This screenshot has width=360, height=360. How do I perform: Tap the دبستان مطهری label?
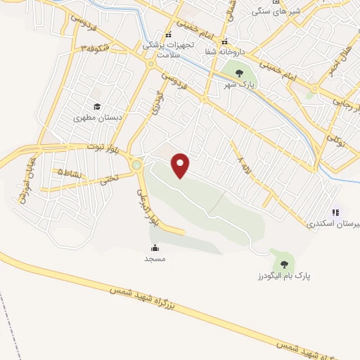(x=98, y=118)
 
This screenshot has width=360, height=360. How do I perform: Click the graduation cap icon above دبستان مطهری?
(x=97, y=107)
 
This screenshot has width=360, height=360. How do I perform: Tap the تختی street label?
(x=108, y=179)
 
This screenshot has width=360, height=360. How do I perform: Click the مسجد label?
(x=155, y=259)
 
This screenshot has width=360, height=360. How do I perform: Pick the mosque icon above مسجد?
(x=155, y=247)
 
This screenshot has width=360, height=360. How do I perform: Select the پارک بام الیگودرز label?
(x=283, y=275)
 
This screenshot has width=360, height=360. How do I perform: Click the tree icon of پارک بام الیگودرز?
(x=283, y=264)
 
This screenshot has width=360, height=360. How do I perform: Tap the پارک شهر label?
(x=238, y=84)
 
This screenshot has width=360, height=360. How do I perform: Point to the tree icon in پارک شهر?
(x=238, y=72)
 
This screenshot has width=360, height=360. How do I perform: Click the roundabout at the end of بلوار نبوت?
(x=136, y=166)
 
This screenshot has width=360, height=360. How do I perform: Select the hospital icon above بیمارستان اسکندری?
(x=336, y=212)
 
